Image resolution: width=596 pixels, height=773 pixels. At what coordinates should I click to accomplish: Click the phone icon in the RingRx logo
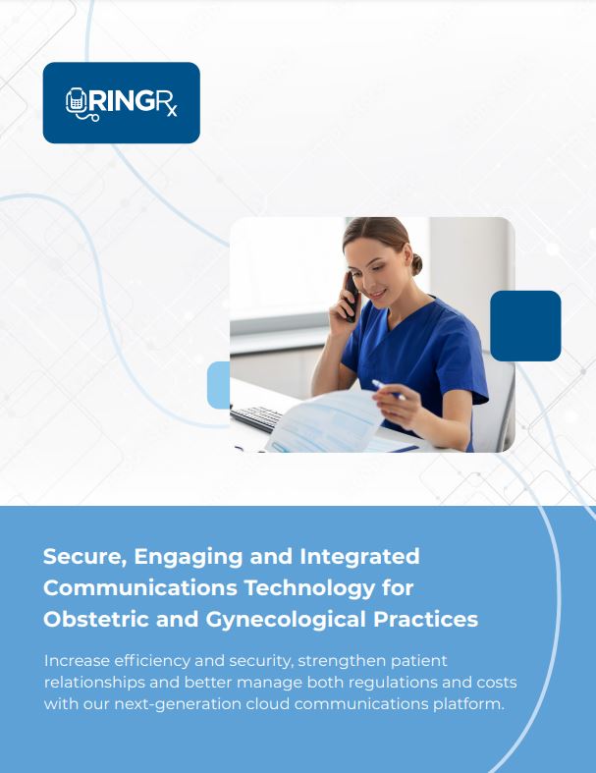tap(77, 103)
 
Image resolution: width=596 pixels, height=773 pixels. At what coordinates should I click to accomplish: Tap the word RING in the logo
tap(120, 102)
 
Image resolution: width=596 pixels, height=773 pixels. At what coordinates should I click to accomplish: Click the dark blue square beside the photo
tap(525, 325)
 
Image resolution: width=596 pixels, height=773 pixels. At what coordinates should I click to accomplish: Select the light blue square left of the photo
tap(218, 385)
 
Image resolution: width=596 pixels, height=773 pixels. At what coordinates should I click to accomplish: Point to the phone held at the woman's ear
tap(350, 295)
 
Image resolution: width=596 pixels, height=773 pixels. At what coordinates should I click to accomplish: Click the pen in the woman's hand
tap(387, 390)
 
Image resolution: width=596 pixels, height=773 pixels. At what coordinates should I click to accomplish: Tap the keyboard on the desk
tap(257, 418)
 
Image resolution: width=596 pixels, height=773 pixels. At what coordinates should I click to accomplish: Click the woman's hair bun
tap(416, 263)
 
